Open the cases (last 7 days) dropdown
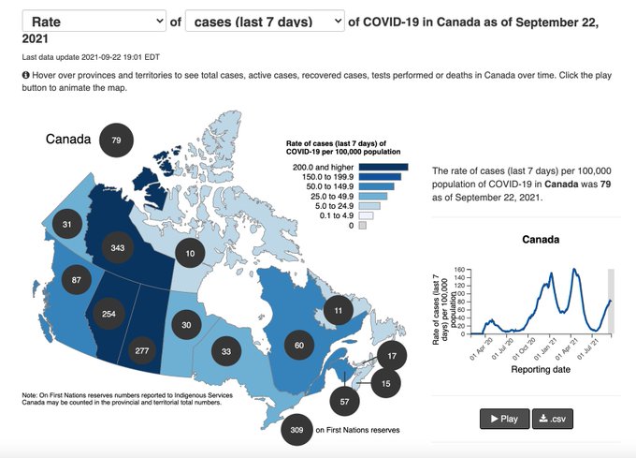point(265,22)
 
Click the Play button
point(504,419)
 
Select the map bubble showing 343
point(118,246)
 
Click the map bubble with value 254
point(108,314)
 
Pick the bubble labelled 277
point(143,350)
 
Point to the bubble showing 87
point(77,280)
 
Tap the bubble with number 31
point(67,225)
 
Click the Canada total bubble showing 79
point(116,140)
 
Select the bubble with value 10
point(190,253)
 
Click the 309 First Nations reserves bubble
point(298,430)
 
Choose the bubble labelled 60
point(299,346)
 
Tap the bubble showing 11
point(339,309)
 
